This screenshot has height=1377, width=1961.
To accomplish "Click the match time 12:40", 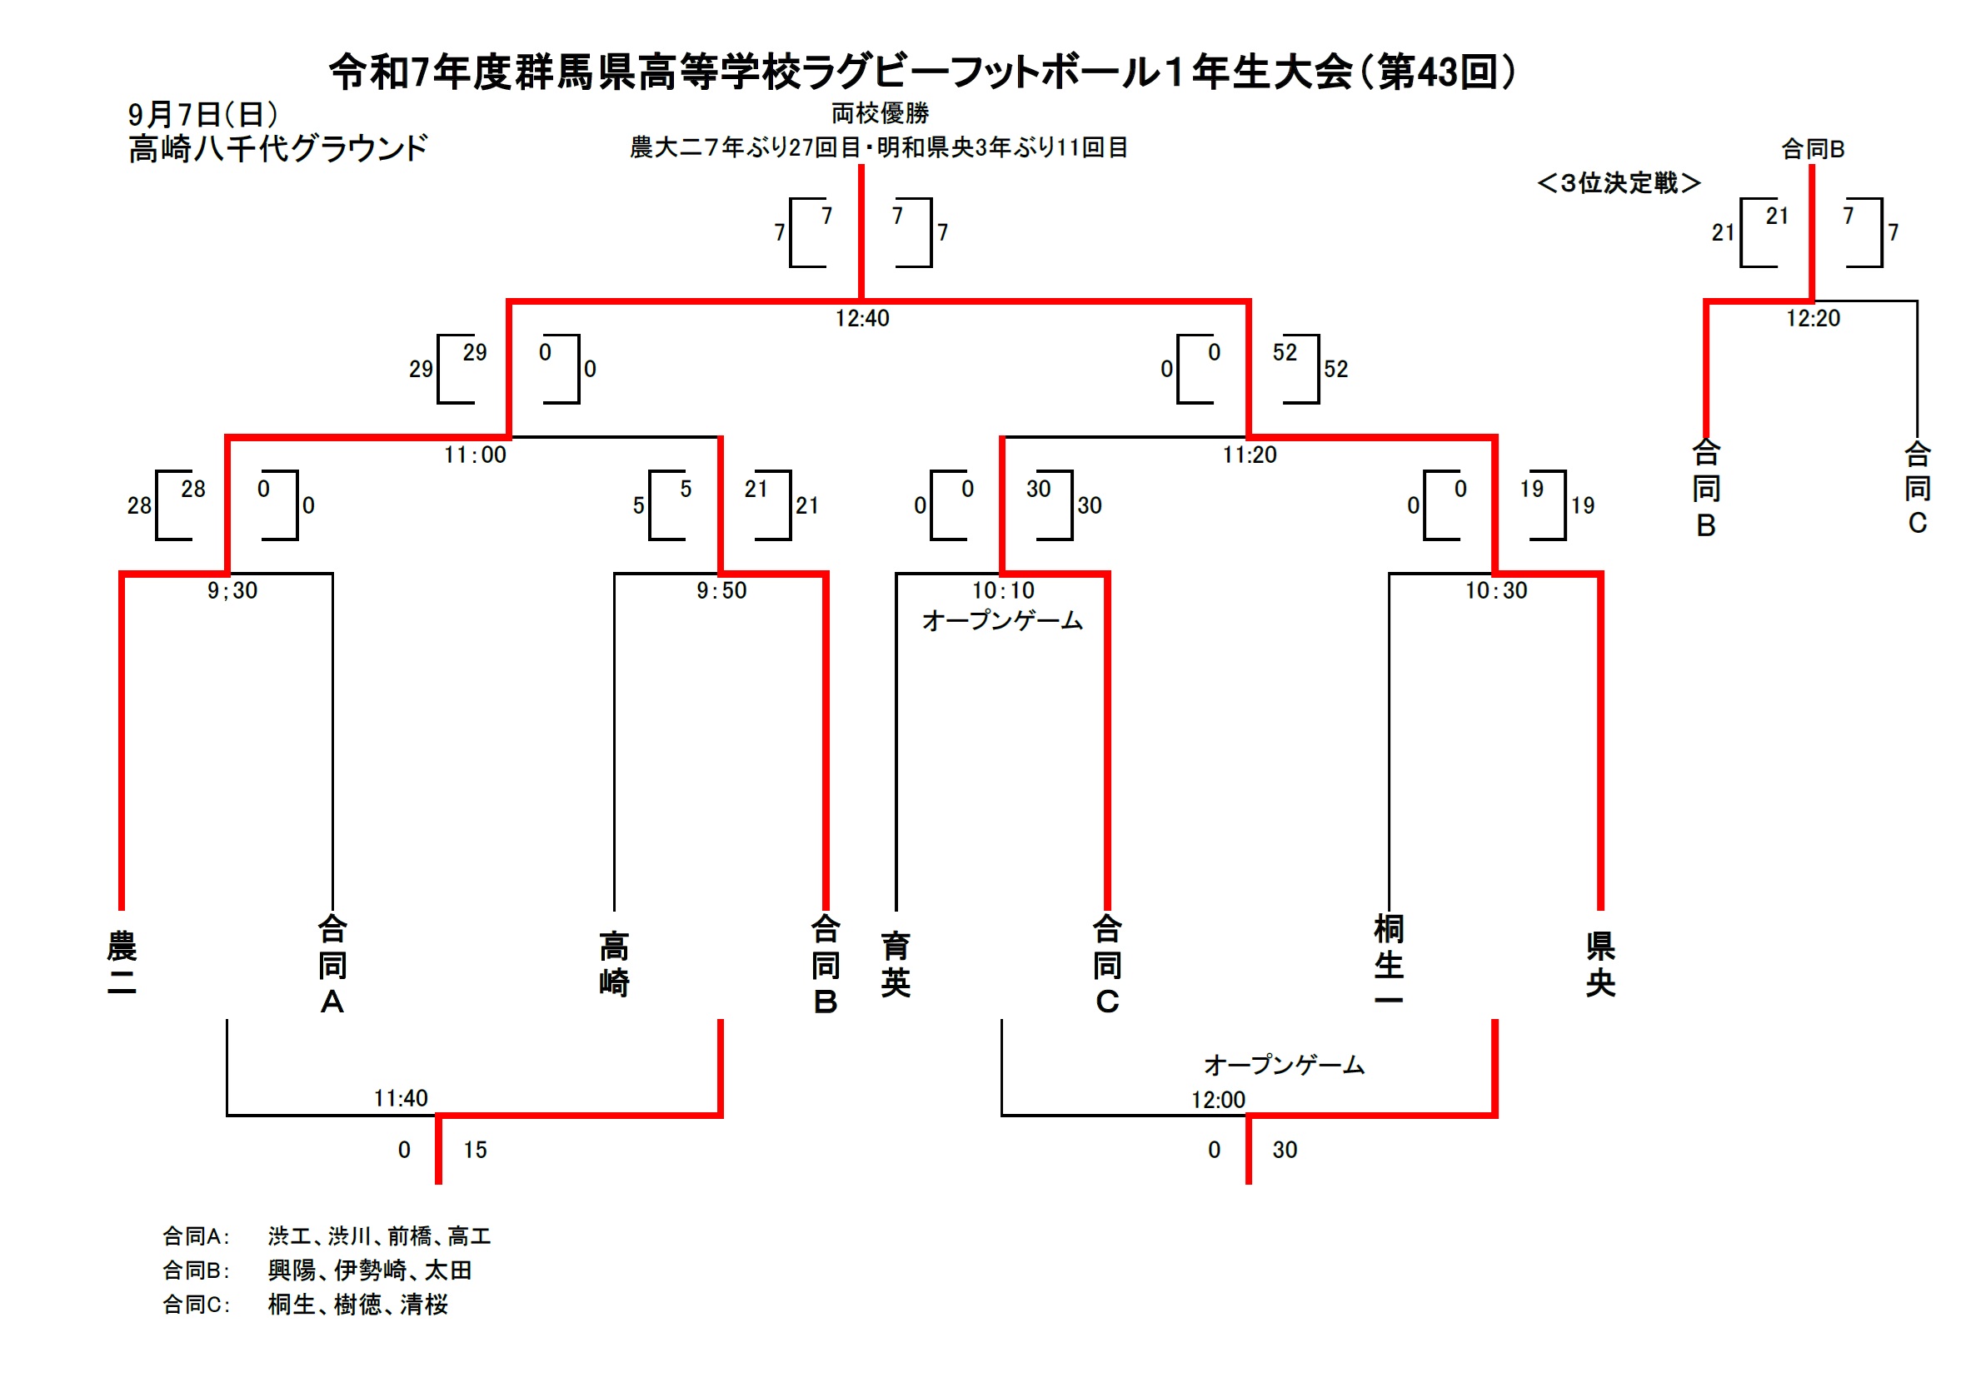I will point(861,318).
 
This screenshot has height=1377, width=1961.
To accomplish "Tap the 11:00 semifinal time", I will point(475,455).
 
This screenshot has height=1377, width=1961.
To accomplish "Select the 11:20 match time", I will point(1249,455).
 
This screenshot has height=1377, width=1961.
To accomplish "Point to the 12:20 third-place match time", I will point(1813,318).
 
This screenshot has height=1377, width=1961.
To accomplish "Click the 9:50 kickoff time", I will point(721,591).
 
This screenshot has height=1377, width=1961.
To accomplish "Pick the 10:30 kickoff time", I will point(1495,591).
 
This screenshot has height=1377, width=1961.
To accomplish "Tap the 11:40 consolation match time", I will point(401,1098).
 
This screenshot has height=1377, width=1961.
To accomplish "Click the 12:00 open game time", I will point(1218,1100).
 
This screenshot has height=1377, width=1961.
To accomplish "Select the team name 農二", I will point(122,964).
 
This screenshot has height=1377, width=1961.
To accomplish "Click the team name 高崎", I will point(614,964).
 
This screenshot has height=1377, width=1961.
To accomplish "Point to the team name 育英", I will point(896,964).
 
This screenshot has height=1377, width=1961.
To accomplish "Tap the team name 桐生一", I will point(1389,962).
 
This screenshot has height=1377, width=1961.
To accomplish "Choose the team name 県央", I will point(1599,964).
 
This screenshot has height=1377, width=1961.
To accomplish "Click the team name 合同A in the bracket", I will point(332,964).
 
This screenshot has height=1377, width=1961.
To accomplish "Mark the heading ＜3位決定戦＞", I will point(1619,182).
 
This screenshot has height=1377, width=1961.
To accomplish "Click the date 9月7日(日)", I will point(203,114).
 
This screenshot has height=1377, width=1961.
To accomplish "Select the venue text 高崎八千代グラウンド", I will point(277,148).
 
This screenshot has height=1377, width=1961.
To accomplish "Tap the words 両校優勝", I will point(880,112).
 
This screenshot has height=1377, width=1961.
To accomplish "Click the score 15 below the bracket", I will point(475,1150).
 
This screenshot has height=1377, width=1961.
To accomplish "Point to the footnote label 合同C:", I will point(197,1305).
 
